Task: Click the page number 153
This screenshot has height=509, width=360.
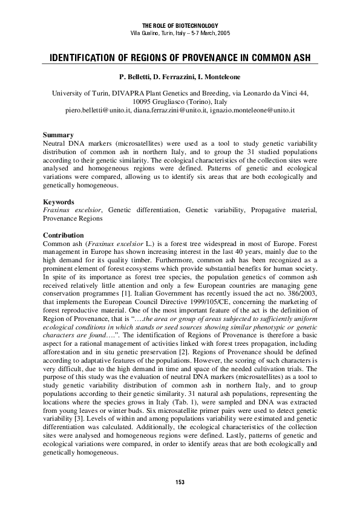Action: click(x=180, y=482)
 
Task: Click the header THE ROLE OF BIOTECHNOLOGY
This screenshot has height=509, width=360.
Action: click(x=180, y=24)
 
